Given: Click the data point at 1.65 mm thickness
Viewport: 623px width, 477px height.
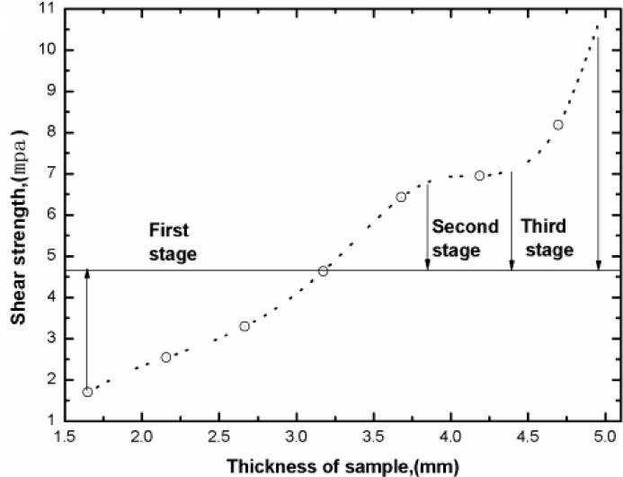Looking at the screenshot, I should [x=87, y=392].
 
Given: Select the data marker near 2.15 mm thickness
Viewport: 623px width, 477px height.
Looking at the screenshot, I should [x=165, y=358].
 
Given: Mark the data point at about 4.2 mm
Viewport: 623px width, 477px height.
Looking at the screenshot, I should [x=479, y=176].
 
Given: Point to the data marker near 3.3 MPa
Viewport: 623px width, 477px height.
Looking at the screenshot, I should [x=245, y=326].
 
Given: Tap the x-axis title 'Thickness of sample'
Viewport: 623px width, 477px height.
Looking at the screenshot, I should [x=343, y=465].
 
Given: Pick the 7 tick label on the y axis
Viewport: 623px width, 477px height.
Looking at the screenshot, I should [x=42, y=174].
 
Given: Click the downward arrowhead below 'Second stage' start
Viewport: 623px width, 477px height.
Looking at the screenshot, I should [x=427, y=265].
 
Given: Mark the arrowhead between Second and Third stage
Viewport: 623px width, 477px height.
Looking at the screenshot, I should [x=512, y=265].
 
